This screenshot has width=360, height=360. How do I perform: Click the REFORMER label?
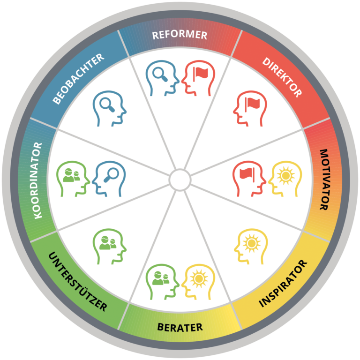tap(180, 35)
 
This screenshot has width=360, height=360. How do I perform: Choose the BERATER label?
tap(180, 327)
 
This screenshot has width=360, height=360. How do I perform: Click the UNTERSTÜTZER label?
tap(78, 283)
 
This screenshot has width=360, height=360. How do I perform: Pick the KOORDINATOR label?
tap(38, 180)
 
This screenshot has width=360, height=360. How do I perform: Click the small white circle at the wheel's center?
tap(180, 180)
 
